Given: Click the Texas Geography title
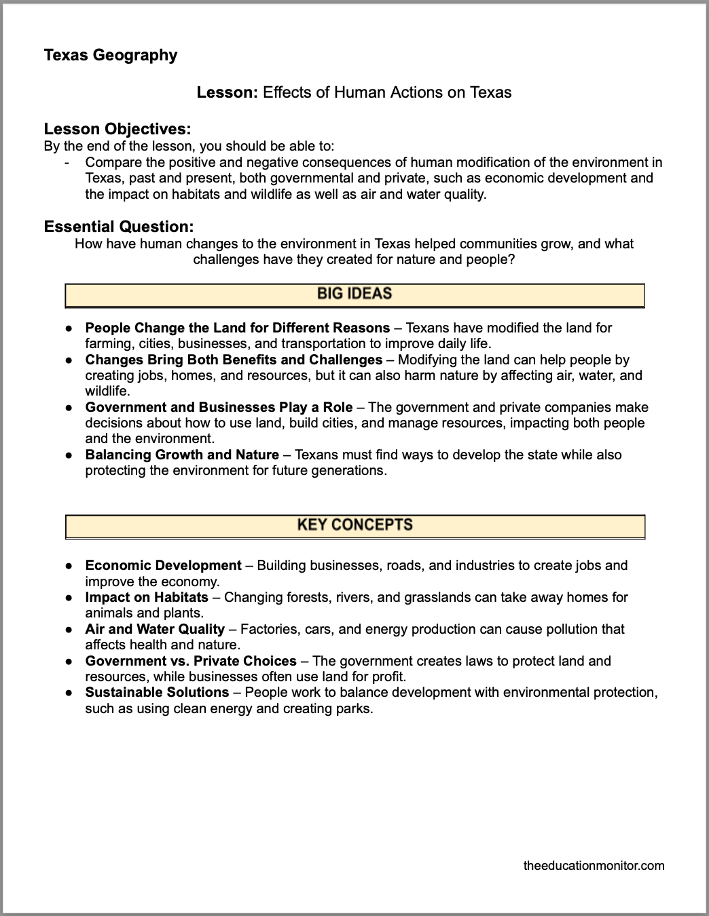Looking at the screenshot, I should click(x=110, y=55).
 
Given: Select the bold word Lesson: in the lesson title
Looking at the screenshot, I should click(x=227, y=92).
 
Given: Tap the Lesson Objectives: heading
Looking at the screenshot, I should click(x=117, y=129).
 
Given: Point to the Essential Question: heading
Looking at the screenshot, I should click(x=119, y=227).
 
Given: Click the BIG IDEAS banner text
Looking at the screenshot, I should click(x=354, y=294).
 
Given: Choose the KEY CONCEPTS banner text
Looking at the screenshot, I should click(x=354, y=524).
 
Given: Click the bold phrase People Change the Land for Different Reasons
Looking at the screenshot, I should click(x=237, y=328).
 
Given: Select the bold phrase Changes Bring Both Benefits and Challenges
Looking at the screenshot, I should click(x=234, y=360).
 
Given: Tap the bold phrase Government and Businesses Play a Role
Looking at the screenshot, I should click(x=219, y=407).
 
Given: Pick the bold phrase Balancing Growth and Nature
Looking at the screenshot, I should click(x=182, y=455).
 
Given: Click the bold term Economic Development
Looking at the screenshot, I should click(x=163, y=565).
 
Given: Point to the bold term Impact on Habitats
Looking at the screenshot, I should click(x=147, y=597).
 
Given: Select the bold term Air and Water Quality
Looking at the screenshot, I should click(x=155, y=629).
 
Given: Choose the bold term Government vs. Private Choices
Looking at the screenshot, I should click(x=191, y=661).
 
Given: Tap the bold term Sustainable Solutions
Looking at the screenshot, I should click(x=157, y=692).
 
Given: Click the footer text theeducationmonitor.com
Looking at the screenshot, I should click(x=594, y=865).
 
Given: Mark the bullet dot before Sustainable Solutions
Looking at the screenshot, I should click(x=69, y=693).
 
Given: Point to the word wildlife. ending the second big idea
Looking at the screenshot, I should click(x=107, y=391).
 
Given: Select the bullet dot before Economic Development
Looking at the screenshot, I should click(x=69, y=566).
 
